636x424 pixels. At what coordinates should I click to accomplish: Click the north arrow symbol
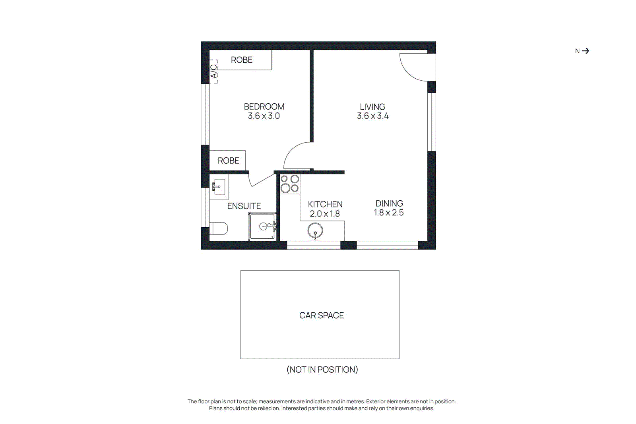click(x=585, y=51)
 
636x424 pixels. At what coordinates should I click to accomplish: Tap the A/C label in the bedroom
click(x=214, y=71)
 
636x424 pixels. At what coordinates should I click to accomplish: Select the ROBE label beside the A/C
click(x=241, y=60)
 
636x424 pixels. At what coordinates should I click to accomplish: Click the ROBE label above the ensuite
click(x=228, y=161)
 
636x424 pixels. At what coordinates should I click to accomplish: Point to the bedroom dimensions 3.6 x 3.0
click(x=264, y=116)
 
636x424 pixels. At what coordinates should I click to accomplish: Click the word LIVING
click(x=372, y=107)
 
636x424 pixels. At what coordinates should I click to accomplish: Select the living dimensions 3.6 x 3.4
click(x=372, y=116)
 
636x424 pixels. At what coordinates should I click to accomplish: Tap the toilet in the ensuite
click(x=219, y=228)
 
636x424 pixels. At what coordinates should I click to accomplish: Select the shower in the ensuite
click(x=262, y=227)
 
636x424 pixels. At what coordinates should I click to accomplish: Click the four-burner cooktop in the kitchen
click(x=290, y=184)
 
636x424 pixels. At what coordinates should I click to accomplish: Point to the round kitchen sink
click(x=315, y=230)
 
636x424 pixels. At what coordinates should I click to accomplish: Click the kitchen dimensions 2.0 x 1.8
click(x=325, y=214)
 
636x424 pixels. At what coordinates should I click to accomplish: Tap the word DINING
click(x=389, y=203)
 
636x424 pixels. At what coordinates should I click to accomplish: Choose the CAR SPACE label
click(x=321, y=316)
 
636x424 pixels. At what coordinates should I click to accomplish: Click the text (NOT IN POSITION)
click(x=322, y=370)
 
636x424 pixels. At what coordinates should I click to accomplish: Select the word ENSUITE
click(x=244, y=206)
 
